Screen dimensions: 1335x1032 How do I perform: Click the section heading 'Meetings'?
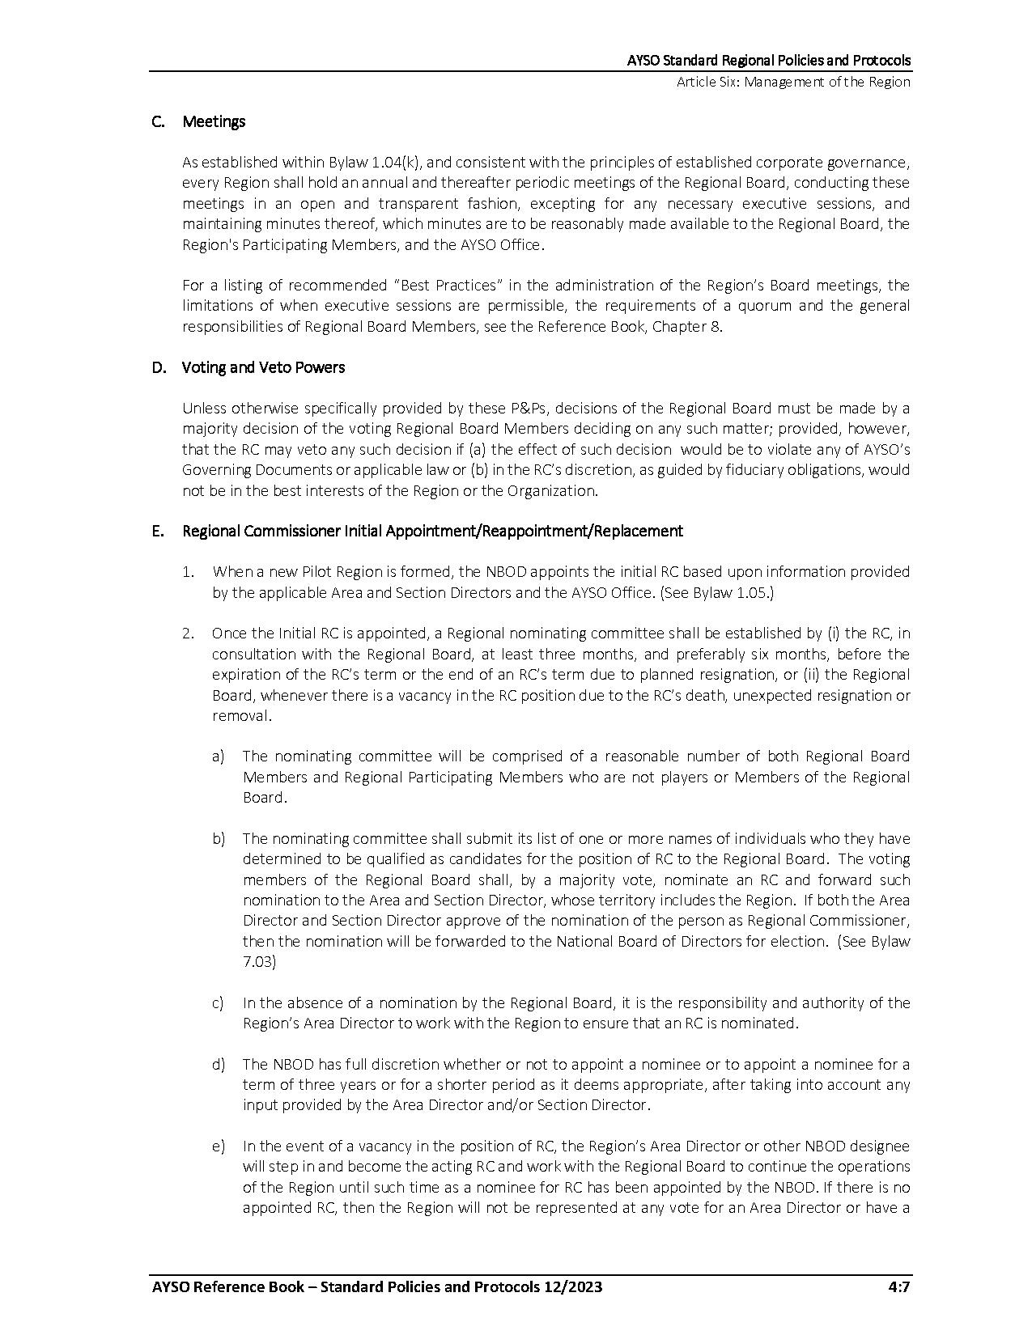click(214, 121)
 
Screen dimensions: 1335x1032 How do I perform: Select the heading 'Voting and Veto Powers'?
click(263, 367)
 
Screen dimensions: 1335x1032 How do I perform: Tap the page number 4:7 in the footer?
click(898, 1287)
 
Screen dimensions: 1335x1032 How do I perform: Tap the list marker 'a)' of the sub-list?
click(218, 756)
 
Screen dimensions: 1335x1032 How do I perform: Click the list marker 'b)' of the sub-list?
click(218, 838)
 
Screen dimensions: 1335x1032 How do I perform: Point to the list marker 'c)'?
click(218, 1002)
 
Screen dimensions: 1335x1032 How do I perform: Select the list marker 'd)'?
click(218, 1064)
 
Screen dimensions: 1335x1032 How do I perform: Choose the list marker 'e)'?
click(218, 1146)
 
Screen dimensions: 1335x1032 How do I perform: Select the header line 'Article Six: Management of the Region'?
click(793, 82)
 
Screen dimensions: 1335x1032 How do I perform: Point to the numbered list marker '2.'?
click(188, 633)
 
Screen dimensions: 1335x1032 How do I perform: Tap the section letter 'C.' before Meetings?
click(158, 121)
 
